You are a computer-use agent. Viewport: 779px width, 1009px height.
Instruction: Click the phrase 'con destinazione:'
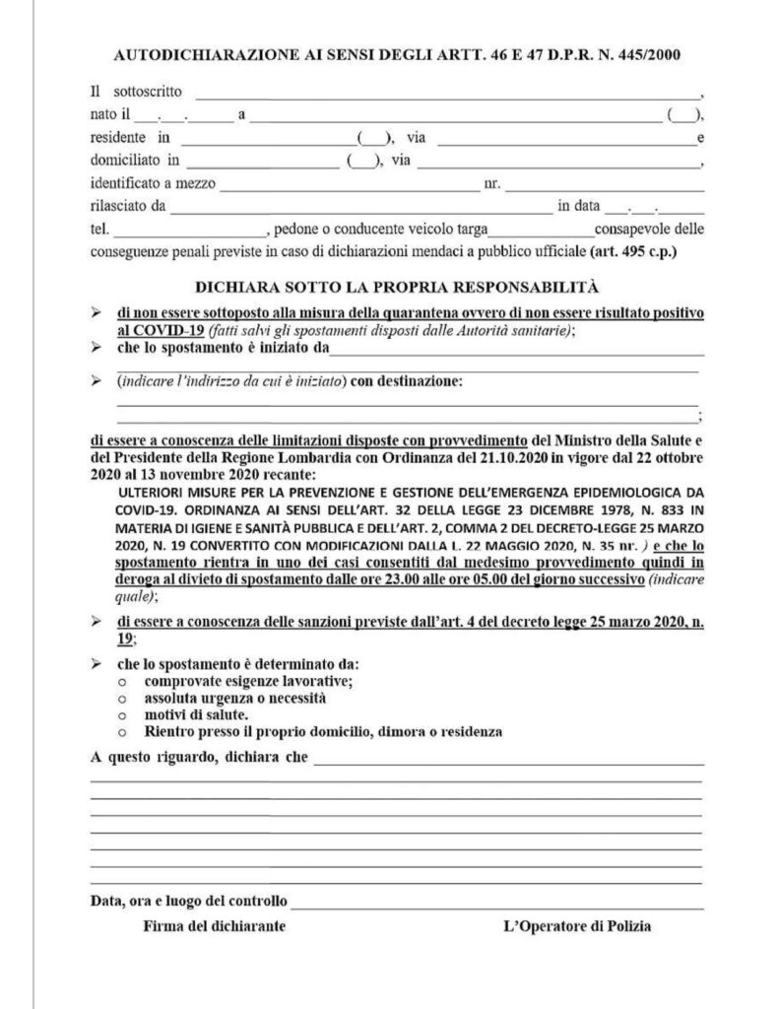(405, 380)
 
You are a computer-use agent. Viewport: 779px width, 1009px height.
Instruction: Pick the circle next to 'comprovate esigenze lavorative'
(121, 681)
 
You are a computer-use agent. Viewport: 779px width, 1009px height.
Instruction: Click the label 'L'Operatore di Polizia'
(576, 926)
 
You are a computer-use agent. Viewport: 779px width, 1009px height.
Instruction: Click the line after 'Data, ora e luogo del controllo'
(497, 903)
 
